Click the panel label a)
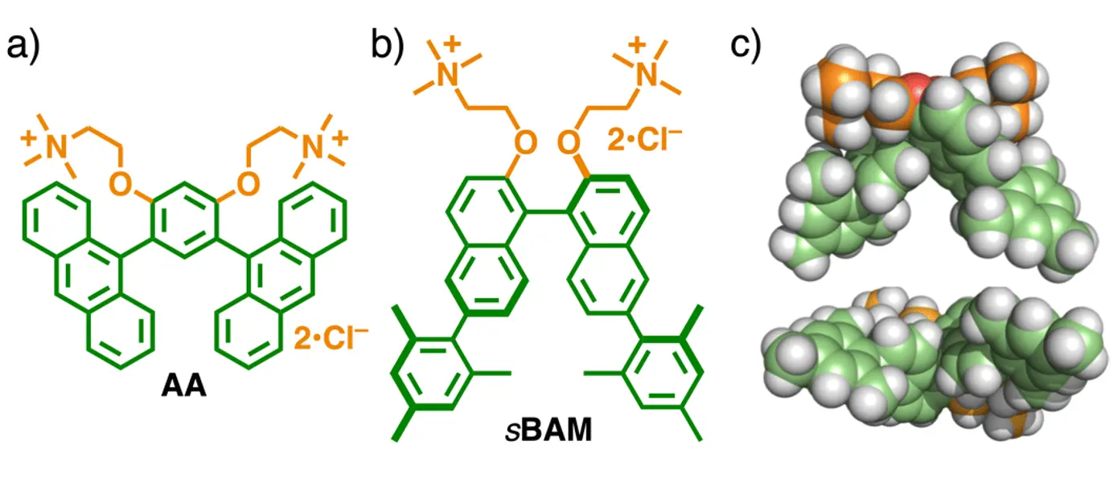[23, 47]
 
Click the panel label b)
[387, 47]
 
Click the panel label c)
[745, 47]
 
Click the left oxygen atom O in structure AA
[121, 183]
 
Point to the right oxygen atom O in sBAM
[569, 143]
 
